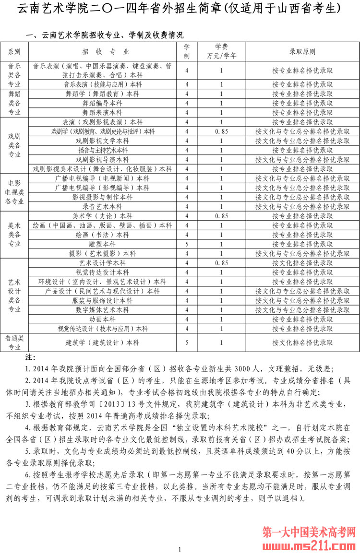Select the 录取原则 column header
[x=302, y=52]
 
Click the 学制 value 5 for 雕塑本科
[x=187, y=244]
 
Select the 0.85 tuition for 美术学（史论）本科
[x=221, y=216]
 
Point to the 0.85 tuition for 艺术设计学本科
[x=221, y=263]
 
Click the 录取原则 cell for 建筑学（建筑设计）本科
[x=302, y=342]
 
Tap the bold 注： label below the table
[x=30, y=358]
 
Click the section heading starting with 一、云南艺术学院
[x=105, y=35]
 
